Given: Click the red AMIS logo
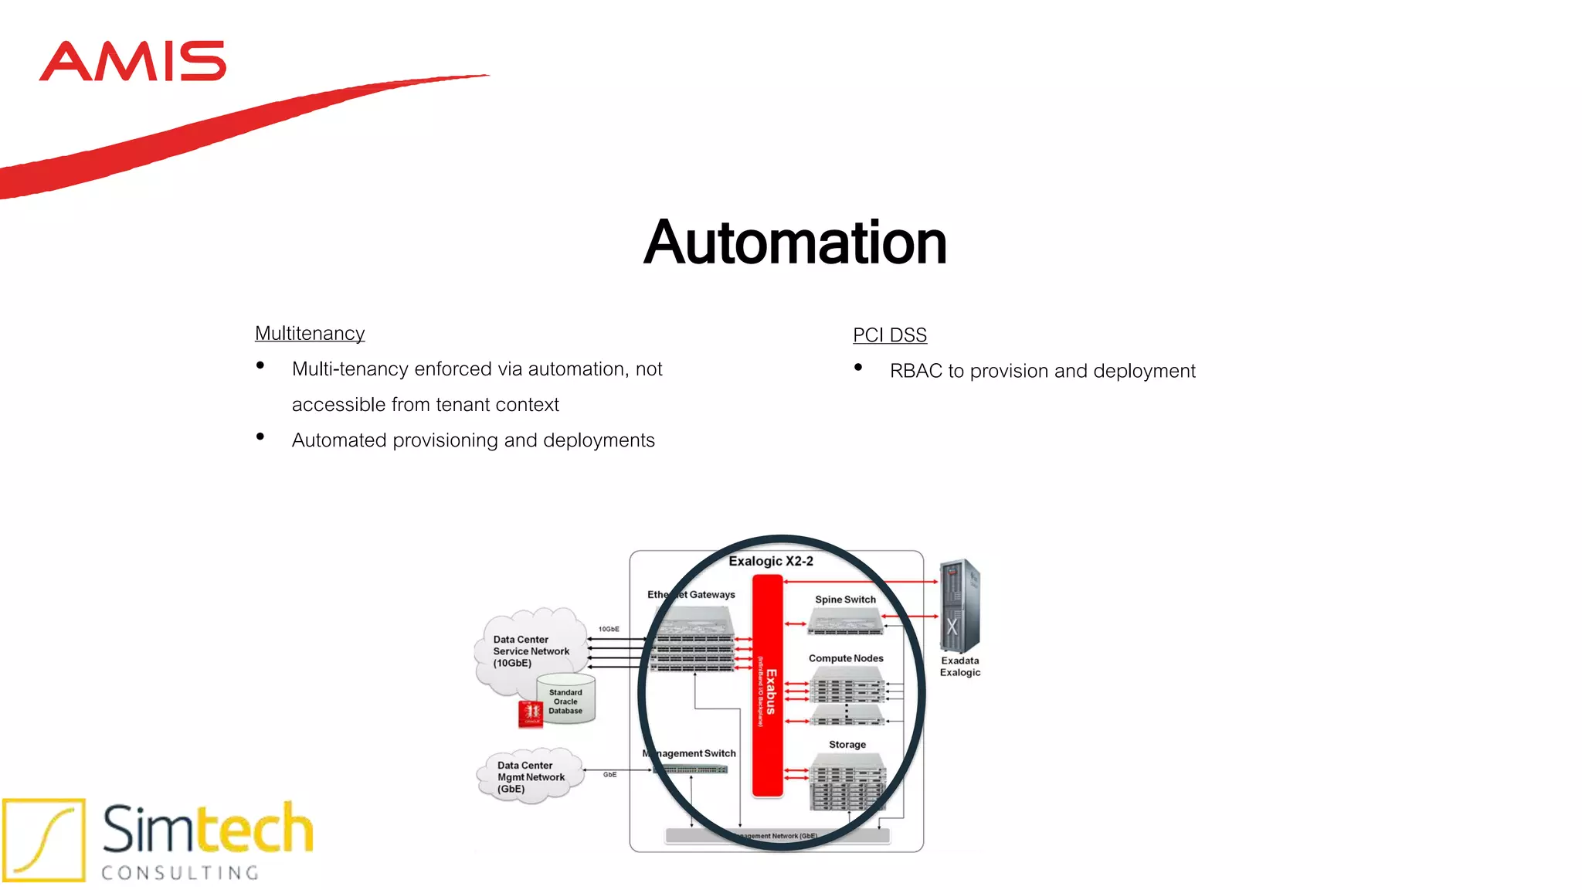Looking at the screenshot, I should [132, 61].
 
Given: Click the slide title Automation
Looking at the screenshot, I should [795, 243].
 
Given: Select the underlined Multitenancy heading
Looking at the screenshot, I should [310, 333].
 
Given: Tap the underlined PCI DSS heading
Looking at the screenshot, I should [890, 335].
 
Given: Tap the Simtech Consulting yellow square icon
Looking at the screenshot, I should [44, 840].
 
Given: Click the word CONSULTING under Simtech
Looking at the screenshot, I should [180, 873].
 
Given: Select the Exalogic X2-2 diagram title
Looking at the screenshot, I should [770, 562].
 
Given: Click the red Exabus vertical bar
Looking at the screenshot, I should [768, 688].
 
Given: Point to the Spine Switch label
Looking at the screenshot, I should [845, 600].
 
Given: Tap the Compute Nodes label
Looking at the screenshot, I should [846, 658].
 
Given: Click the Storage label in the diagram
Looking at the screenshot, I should [847, 745].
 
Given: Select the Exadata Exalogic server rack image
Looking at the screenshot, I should [959, 606].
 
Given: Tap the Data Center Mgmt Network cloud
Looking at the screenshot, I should [530, 776].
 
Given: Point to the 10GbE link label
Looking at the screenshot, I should [609, 629].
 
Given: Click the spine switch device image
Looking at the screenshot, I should [845, 620].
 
